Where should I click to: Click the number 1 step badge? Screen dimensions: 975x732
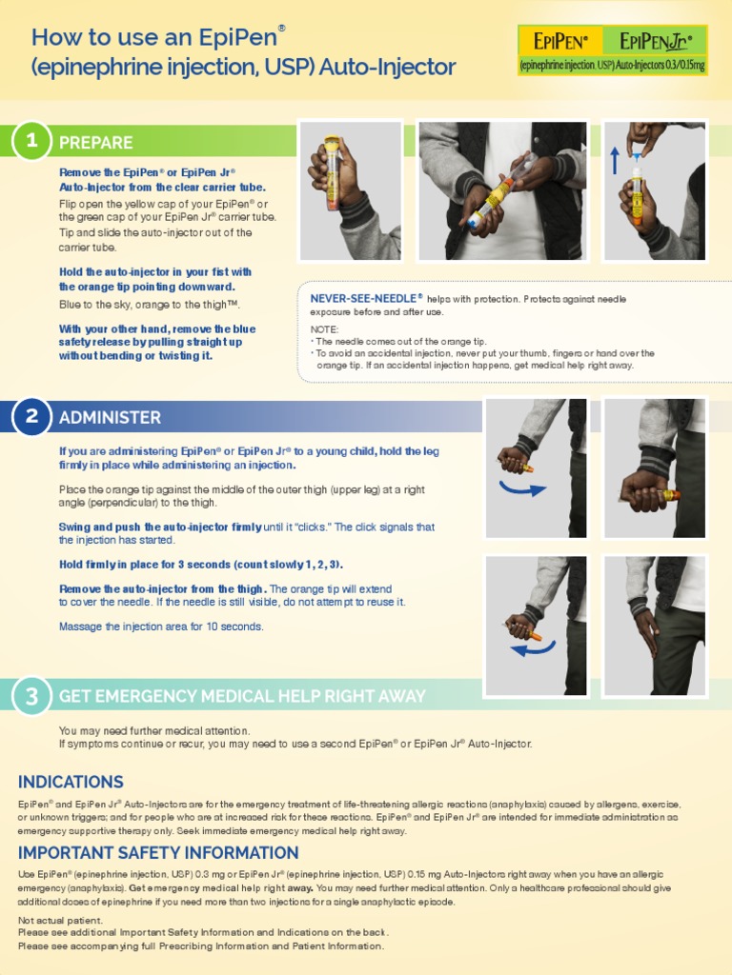(32, 141)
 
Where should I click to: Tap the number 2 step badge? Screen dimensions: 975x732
(32, 416)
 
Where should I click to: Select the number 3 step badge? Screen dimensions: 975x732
(32, 696)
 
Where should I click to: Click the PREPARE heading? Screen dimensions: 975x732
(95, 143)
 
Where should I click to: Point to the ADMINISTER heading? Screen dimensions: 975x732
(110, 417)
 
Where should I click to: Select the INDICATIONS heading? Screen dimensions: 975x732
(71, 782)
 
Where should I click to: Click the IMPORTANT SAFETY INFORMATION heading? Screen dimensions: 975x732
(158, 852)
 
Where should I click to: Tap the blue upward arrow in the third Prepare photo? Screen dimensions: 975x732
(616, 159)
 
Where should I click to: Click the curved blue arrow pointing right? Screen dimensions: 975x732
(525, 488)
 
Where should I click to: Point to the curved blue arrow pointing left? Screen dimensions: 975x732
(532, 649)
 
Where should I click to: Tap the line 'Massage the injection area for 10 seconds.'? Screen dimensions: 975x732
(161, 627)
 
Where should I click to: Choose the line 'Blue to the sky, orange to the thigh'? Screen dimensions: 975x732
(149, 305)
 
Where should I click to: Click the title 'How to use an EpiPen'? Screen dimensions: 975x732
(158, 37)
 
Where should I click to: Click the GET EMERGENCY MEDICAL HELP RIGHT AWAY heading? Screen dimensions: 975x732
(242, 696)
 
